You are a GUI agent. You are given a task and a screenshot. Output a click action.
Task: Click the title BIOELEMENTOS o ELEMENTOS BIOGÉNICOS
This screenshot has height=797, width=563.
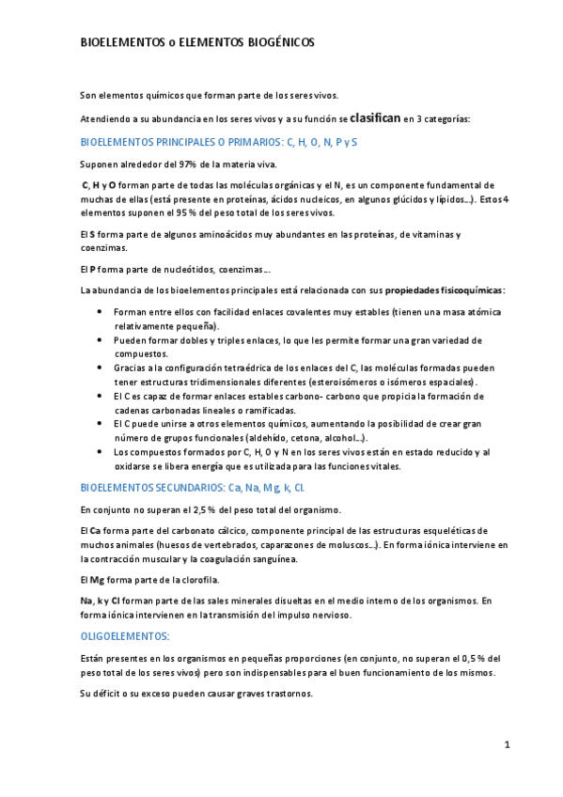(196, 42)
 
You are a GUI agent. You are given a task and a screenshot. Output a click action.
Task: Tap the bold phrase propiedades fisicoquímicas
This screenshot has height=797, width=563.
(445, 289)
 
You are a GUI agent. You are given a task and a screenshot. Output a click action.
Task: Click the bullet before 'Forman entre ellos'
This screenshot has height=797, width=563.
(101, 311)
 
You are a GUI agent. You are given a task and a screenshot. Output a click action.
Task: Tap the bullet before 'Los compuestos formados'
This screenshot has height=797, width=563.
(101, 453)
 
